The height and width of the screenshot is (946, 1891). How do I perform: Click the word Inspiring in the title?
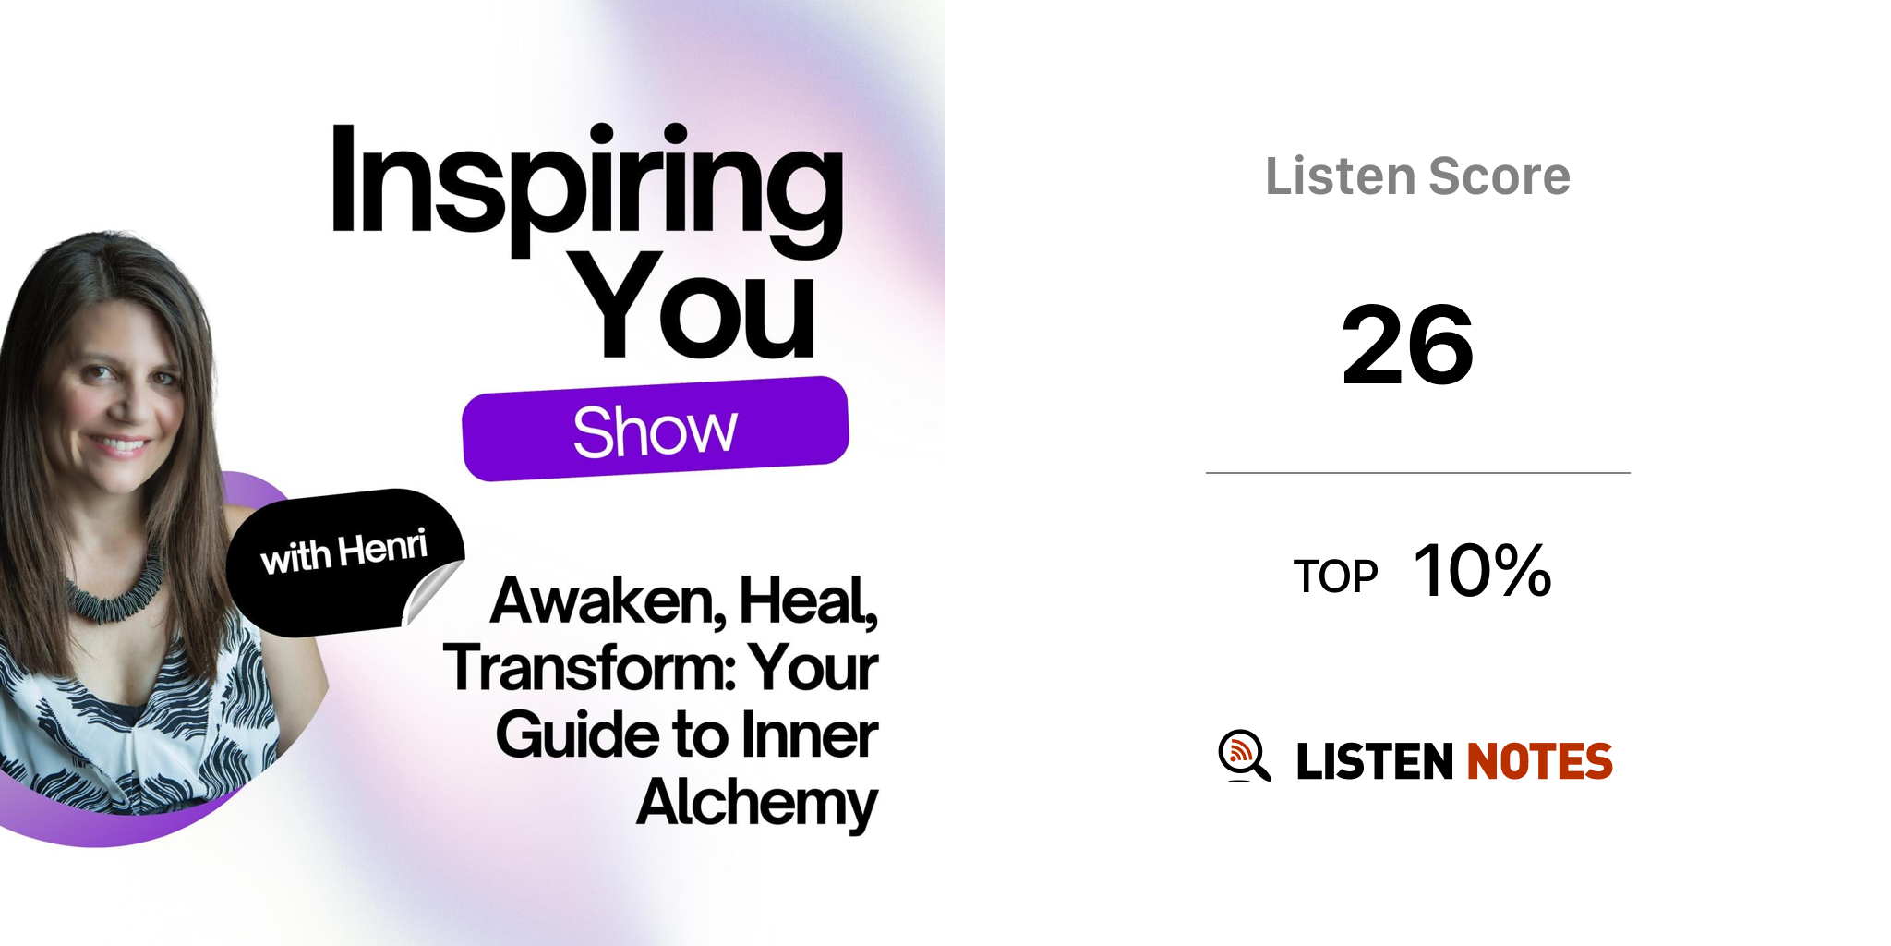coord(586,189)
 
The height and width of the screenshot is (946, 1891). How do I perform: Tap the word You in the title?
coord(697,304)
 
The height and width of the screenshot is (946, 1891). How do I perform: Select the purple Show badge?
coord(656,429)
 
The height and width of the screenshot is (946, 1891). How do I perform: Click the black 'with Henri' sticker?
coord(344,562)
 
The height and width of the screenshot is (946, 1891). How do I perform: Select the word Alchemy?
coord(757,803)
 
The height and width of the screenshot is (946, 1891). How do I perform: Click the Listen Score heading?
coord(1417,176)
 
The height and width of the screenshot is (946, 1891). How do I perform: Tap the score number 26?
coord(1408,346)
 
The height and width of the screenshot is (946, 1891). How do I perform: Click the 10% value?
coord(1483,570)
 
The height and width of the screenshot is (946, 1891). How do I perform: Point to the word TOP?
coord(1335,576)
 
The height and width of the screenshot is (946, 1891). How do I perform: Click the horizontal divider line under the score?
coord(1418,473)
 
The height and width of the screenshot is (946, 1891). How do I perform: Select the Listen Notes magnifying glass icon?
coord(1245,756)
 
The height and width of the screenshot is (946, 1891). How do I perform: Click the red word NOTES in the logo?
coord(1540,761)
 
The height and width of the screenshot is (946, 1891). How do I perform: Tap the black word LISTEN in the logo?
coord(1375,761)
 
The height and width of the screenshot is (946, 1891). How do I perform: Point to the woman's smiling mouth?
coord(120,446)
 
